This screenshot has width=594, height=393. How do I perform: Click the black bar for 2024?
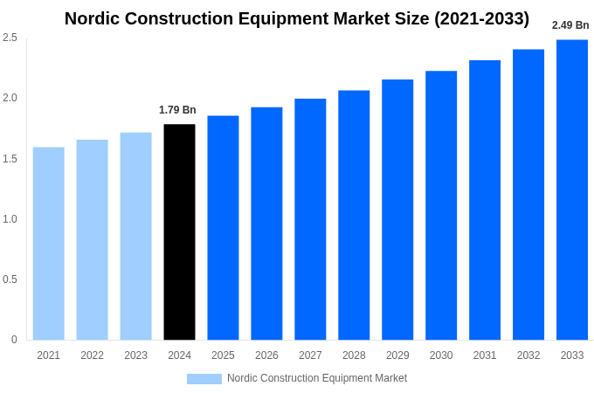point(179,232)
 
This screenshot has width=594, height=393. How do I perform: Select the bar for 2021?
point(49,244)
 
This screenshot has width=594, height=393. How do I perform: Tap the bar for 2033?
point(572,190)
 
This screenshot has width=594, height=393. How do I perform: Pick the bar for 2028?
point(354,215)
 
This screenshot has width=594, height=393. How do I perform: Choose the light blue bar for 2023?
point(135,236)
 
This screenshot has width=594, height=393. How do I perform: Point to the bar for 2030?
point(441,205)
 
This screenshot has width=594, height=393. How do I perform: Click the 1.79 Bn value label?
point(177,110)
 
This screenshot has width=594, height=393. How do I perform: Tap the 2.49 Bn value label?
point(570,25)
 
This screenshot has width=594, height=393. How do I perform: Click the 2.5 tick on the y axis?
point(10,38)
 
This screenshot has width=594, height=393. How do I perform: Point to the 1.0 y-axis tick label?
point(10,219)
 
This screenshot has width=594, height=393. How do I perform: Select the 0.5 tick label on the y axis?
point(10,279)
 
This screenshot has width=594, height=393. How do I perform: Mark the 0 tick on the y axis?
point(14,340)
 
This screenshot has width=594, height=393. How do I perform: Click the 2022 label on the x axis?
point(92,355)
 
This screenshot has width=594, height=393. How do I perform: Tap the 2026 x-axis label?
point(266,355)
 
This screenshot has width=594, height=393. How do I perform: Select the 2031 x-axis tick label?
point(485,355)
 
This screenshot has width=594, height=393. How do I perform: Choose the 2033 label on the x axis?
point(572,355)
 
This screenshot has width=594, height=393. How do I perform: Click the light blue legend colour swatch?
point(204,379)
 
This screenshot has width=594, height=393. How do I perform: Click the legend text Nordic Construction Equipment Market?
point(317,378)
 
